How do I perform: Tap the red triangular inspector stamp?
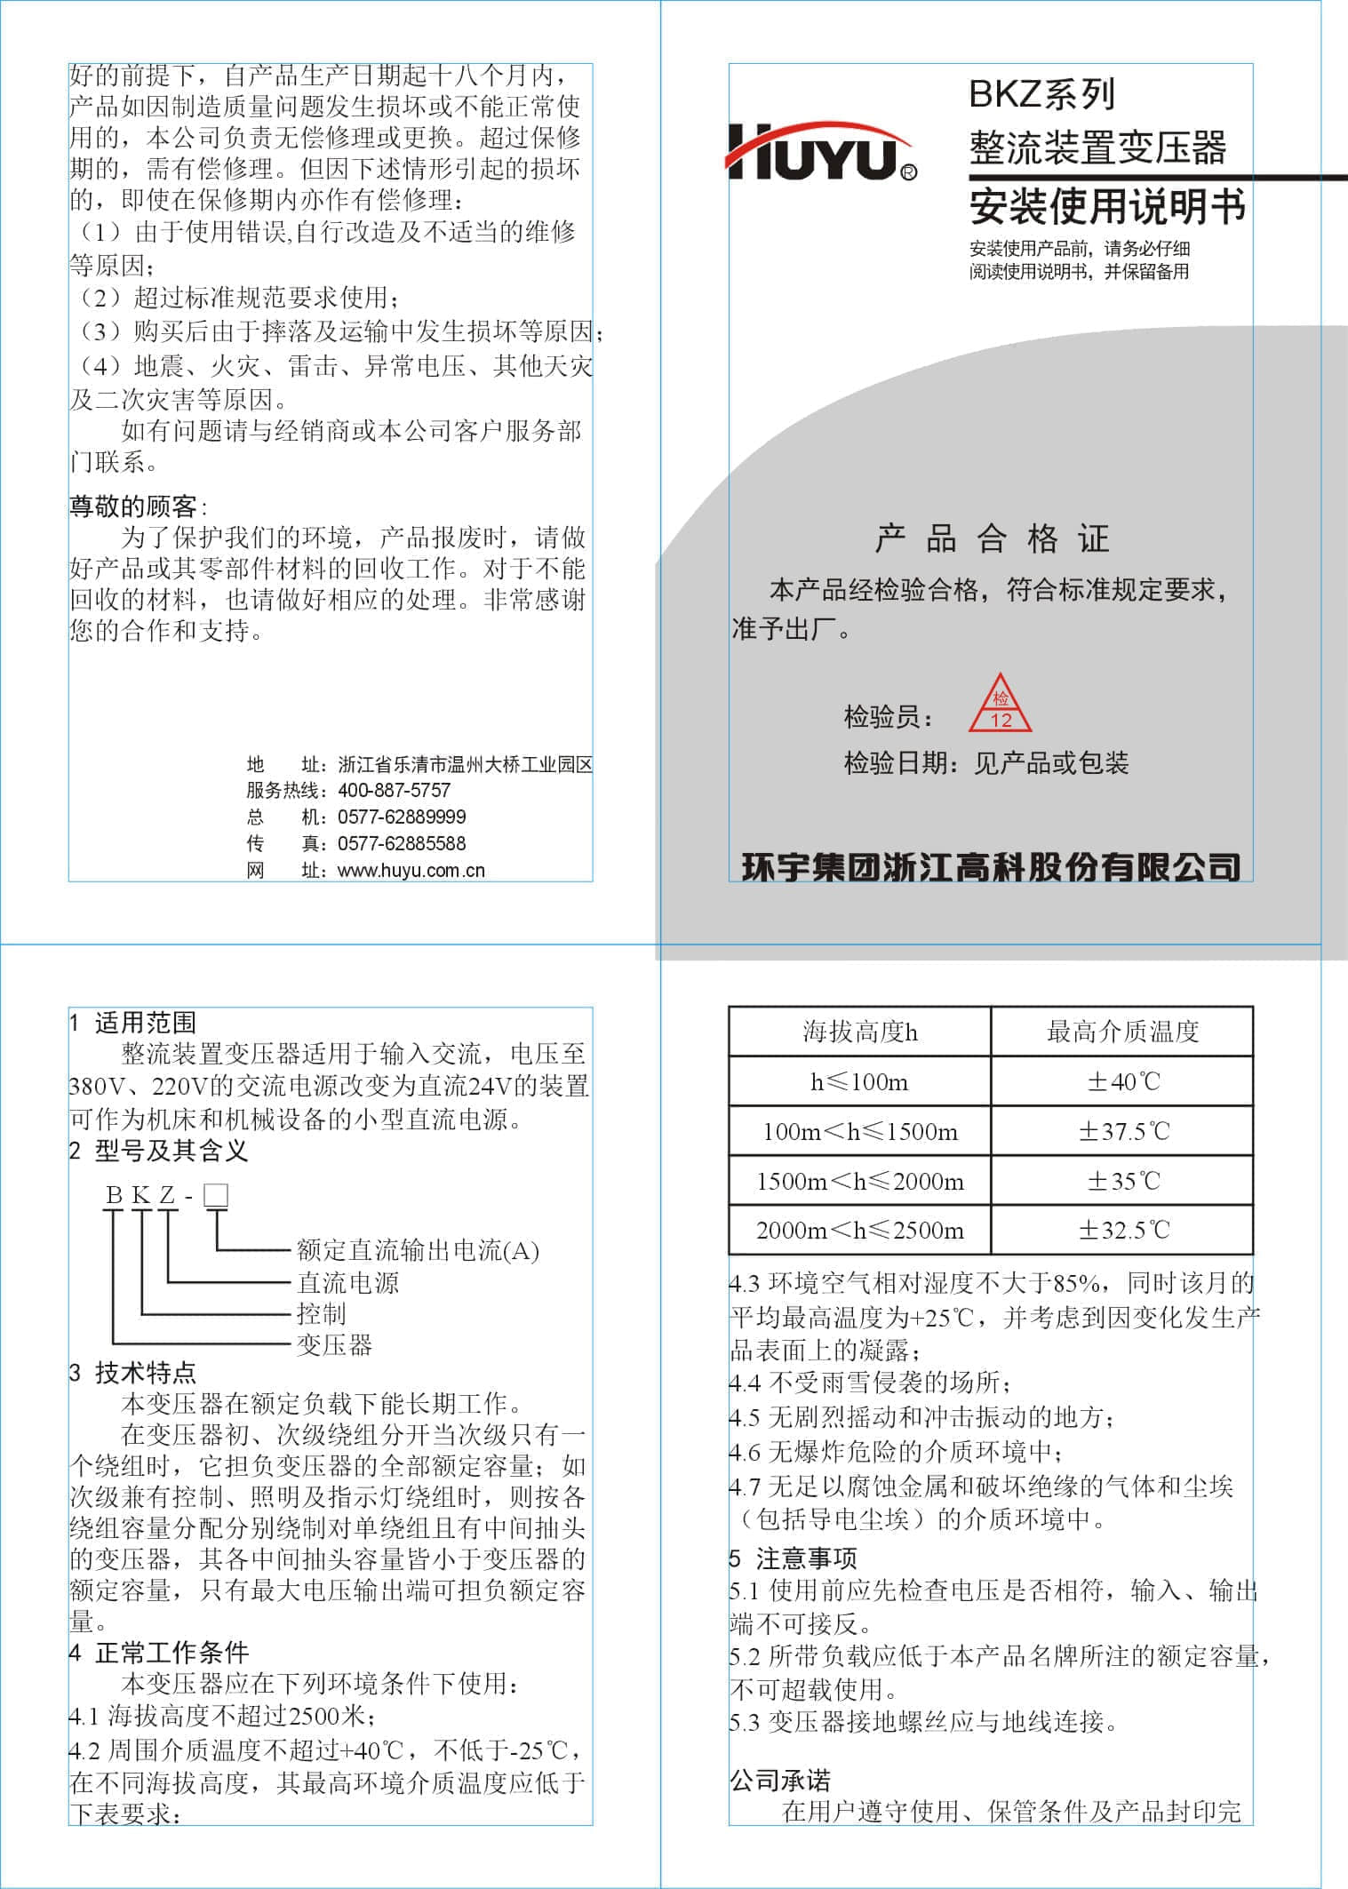click(x=1001, y=705)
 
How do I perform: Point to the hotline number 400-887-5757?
click(x=395, y=790)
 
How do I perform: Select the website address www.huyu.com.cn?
click(x=411, y=870)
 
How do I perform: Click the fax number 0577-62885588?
click(x=402, y=843)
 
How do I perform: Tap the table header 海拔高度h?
click(x=859, y=1032)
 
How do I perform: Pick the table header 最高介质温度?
click(x=1122, y=1032)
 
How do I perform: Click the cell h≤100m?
click(x=859, y=1081)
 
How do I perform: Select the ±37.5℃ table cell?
click(x=1123, y=1131)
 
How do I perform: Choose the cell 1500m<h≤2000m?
click(x=859, y=1181)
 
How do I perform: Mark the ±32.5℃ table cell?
click(x=1123, y=1230)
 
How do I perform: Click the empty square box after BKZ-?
click(x=216, y=1195)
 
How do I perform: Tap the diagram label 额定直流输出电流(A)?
click(x=418, y=1251)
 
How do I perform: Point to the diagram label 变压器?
click(x=334, y=1344)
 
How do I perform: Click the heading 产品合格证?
click(x=992, y=538)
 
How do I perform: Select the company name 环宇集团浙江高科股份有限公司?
click(x=991, y=866)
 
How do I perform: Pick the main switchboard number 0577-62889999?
click(x=402, y=817)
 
